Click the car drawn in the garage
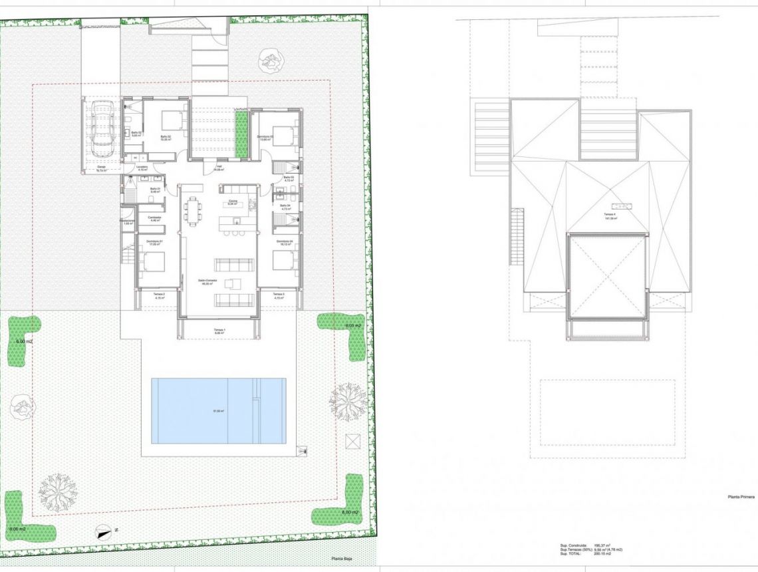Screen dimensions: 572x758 (102, 126)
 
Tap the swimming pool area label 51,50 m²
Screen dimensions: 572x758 (218, 411)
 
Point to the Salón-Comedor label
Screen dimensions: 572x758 (209, 282)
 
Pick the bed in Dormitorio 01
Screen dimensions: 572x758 (152, 261)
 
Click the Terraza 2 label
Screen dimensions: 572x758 (158, 295)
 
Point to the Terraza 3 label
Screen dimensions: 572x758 (279, 295)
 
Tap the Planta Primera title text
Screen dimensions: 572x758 (739, 496)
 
